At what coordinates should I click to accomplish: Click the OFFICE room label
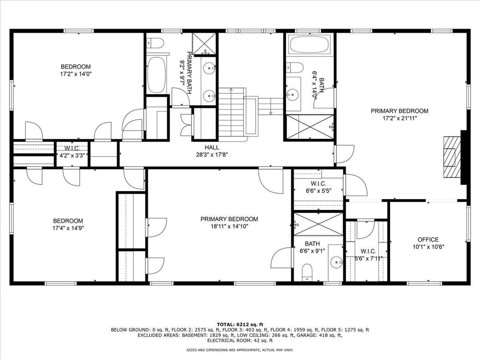pos(428,240)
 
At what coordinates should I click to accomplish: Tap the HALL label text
pos(212,148)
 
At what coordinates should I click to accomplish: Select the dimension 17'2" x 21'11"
pos(400,118)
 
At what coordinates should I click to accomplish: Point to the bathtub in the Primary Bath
pos(156,75)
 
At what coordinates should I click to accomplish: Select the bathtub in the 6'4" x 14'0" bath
pos(310,44)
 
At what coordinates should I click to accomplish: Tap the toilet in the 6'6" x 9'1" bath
pos(307,272)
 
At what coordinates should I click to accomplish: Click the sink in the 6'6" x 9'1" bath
pos(337,262)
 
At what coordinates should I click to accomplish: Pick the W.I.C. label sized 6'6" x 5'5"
pos(319,184)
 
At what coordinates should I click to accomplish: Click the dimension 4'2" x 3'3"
pos(72,155)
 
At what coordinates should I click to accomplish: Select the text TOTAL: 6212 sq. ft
pos(240,325)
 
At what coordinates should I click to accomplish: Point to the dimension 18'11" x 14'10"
pos(229,227)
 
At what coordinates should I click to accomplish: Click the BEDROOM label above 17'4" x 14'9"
pos(68,221)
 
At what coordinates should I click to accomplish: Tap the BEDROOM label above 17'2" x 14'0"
pos(76,66)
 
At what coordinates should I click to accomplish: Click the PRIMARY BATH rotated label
pos(189,73)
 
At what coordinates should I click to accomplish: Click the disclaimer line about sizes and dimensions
pos(240,350)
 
